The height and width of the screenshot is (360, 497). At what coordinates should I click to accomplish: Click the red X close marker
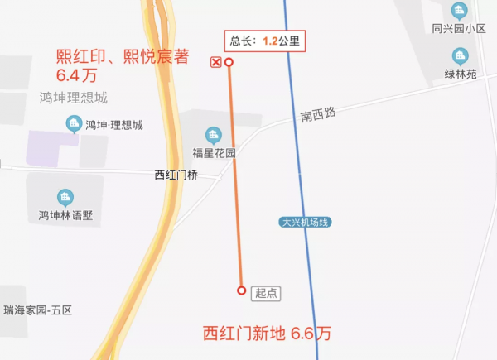[216, 62]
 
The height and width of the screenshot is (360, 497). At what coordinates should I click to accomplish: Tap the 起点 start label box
[267, 291]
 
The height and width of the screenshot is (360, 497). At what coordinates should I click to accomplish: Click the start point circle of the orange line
[241, 290]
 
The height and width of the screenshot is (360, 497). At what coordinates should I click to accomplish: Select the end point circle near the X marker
[229, 62]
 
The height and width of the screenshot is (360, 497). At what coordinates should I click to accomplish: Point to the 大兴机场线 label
[306, 222]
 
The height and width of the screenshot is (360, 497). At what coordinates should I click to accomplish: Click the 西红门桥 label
[176, 175]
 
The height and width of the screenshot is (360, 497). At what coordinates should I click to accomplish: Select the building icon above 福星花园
[214, 135]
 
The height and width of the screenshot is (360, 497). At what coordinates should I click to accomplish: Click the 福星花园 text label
[215, 153]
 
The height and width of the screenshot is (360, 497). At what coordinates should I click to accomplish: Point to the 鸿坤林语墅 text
[65, 216]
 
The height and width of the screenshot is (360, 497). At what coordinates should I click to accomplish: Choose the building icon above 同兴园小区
[458, 10]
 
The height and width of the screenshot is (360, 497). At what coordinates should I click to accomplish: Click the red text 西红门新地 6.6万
[268, 334]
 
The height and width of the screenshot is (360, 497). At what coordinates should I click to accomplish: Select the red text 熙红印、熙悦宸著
[123, 56]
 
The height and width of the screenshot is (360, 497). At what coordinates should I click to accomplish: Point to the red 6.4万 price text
[78, 76]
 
